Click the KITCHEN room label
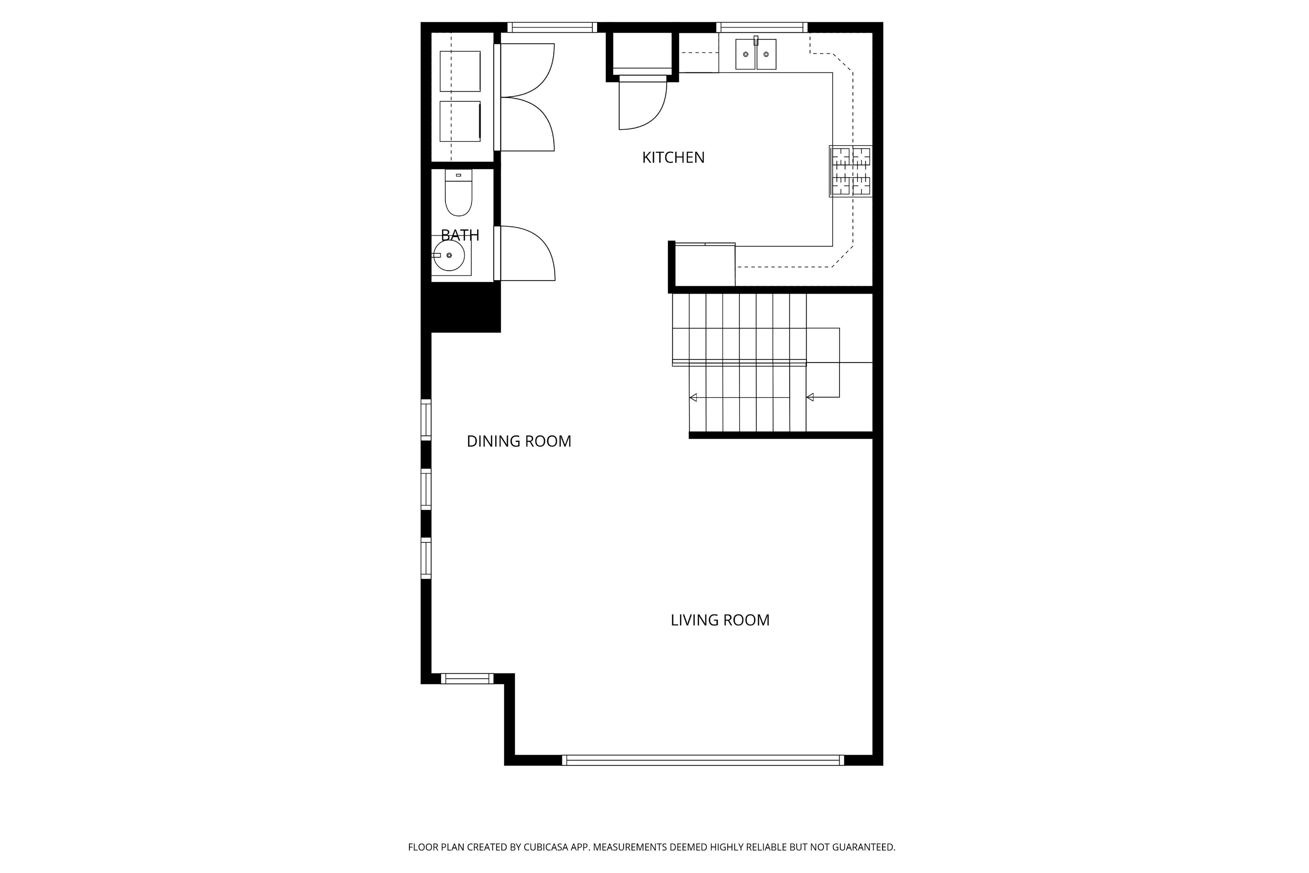673,158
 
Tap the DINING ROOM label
519,441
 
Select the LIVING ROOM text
720,620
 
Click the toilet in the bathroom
459,193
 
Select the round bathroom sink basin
449,256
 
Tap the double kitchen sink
756,54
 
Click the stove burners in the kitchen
850,171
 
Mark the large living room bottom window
703,760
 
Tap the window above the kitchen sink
762,27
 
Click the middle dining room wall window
426,489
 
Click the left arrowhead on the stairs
693,398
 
